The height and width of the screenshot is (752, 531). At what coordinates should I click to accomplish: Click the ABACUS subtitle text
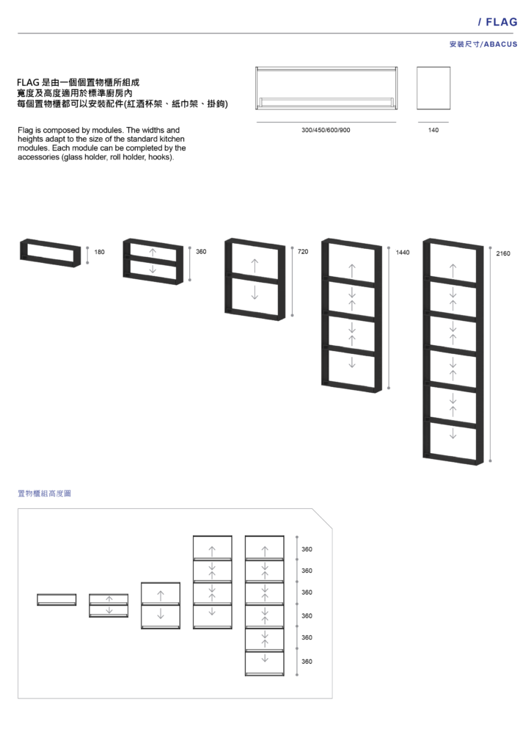500,44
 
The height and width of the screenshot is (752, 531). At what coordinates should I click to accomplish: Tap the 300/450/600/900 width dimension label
326,130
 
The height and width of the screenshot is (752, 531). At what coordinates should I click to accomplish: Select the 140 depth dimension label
433,130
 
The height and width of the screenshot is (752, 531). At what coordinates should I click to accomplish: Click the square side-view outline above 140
433,67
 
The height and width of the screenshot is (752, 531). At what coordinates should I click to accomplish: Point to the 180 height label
99,252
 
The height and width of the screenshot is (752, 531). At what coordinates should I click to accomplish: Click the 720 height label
303,251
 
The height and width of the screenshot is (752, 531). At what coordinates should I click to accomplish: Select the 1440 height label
403,253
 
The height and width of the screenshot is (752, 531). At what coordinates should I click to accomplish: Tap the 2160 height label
503,253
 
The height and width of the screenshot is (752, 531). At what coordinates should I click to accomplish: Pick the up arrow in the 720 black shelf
254,266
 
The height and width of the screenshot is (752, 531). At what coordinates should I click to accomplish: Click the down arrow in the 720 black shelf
254,292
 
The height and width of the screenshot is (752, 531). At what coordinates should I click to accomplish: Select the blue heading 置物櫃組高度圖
44,493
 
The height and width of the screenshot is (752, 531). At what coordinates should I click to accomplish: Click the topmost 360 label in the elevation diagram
307,549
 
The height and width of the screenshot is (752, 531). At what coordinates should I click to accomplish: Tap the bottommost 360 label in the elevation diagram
307,662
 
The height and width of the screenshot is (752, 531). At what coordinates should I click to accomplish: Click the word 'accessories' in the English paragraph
39,157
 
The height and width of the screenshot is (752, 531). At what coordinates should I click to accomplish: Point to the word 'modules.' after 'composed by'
107,130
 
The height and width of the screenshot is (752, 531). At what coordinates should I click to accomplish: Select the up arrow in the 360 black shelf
153,252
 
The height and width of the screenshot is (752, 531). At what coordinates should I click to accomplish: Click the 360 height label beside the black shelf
201,251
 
